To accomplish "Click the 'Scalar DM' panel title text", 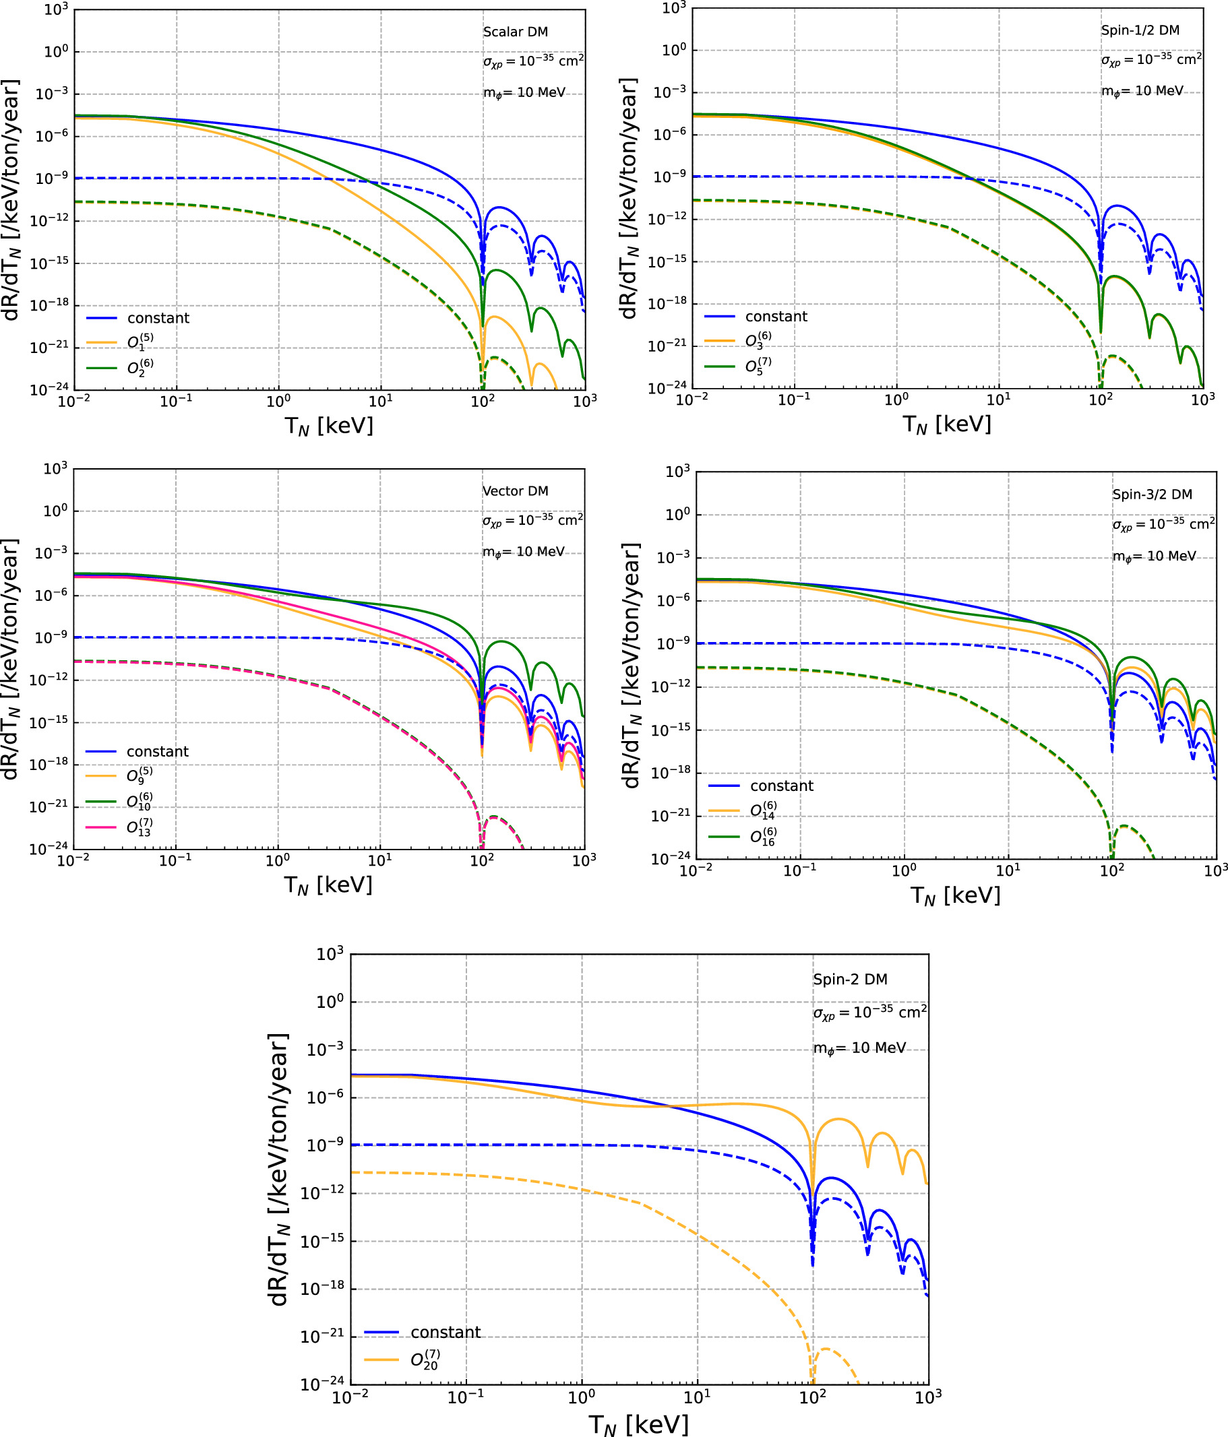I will coord(515,32).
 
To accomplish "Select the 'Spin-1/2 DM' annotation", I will coord(1140,30).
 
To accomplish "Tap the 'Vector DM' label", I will coord(515,491).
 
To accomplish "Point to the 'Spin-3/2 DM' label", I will coord(1153,494).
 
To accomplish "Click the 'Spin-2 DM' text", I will coord(850,980).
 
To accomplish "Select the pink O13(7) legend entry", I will coord(139,827).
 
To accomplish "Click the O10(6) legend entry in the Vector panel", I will coord(139,802).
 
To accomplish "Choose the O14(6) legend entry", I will coord(763,810).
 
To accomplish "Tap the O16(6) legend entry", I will coord(763,837).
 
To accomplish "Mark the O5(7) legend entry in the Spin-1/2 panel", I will coord(758,366).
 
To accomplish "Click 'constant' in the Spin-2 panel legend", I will coord(445,1333).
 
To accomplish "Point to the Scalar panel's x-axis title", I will coord(329,426).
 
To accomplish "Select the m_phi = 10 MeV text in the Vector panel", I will coord(523,552).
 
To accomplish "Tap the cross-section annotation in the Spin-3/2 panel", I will coord(1163,524).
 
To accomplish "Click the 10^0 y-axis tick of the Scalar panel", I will coord(56,52).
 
